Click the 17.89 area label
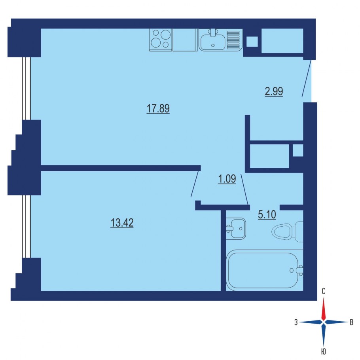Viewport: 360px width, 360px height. coord(158,108)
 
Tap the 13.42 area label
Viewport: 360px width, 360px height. coord(122,222)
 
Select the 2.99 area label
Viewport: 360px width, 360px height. coord(274,91)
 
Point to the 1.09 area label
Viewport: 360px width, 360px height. coord(227,179)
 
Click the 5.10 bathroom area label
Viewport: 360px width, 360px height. coord(267,215)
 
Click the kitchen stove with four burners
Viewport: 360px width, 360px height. coord(161,40)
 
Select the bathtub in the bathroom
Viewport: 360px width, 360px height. coord(265,270)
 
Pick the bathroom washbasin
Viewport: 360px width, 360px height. coord(236,228)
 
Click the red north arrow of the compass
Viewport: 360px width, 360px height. coord(324,309)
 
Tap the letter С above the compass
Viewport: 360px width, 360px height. coord(323,292)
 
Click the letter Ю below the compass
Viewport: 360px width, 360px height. coord(324,352)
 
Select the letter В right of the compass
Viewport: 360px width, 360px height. coord(351,322)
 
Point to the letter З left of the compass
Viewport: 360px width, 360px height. coord(296,322)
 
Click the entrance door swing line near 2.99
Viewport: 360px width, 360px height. coord(307,78)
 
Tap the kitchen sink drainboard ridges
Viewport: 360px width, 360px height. coord(233,40)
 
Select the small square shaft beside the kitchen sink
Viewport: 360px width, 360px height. coord(252,42)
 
